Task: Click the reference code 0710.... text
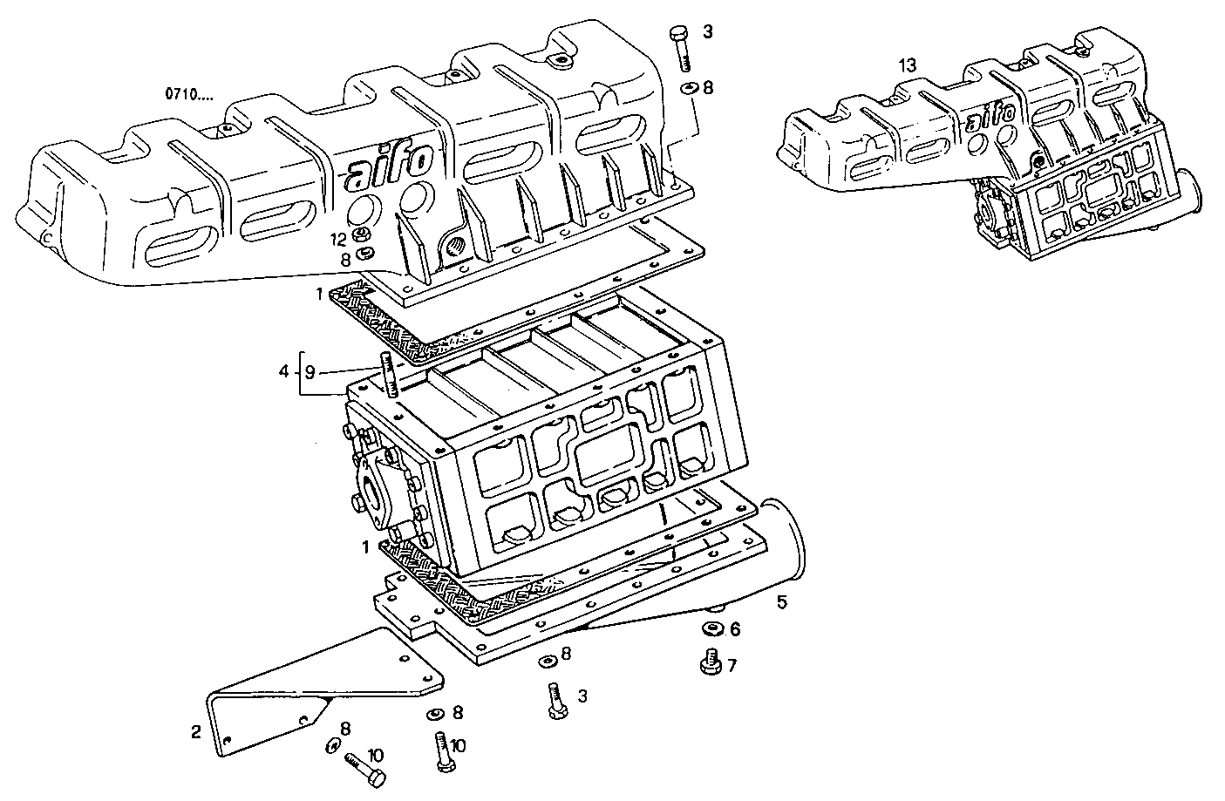pos(187,92)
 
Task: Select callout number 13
pos(908,65)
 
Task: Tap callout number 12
pos(338,238)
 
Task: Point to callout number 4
pos(283,372)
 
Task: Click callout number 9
pos(310,372)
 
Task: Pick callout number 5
pos(781,602)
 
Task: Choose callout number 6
pos(734,629)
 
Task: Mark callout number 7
pos(732,666)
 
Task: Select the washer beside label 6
pos(712,629)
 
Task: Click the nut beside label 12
pos(360,236)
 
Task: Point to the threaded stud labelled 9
pos(388,376)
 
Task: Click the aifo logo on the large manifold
pos(388,166)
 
